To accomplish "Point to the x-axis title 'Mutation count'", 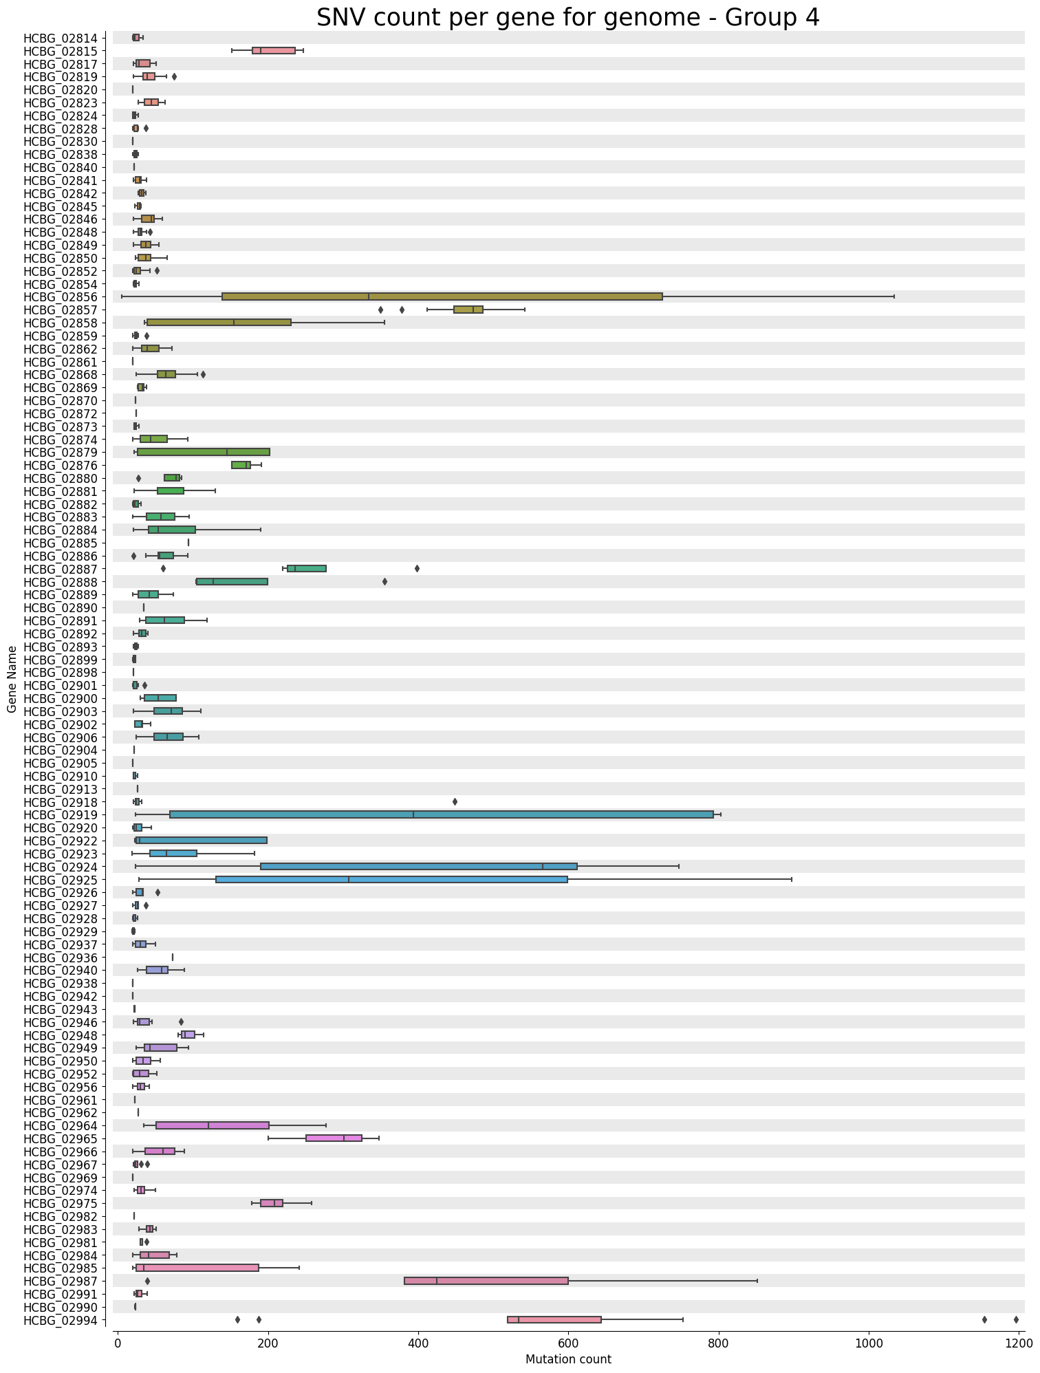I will pos(568,1359).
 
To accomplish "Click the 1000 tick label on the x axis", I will pos(869,1342).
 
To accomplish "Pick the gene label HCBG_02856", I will pos(65,297).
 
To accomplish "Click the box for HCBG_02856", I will pos(442,297).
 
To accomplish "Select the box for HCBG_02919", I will pos(442,814).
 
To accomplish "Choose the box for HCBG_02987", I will pos(486,1281).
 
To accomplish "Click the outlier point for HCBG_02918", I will pos(455,802).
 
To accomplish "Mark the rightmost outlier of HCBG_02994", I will pos(1016,1319).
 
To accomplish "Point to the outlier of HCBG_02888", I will pos(384,582).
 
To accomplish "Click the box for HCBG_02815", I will pos(274,50).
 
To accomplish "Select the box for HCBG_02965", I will pos(334,1138).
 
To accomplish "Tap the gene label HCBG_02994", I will pos(65,1320).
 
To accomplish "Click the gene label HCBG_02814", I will pos(65,38).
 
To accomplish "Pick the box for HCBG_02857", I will pos(468,310).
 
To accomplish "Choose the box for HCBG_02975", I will pos(272,1203).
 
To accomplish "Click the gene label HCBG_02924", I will pos(65,867).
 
